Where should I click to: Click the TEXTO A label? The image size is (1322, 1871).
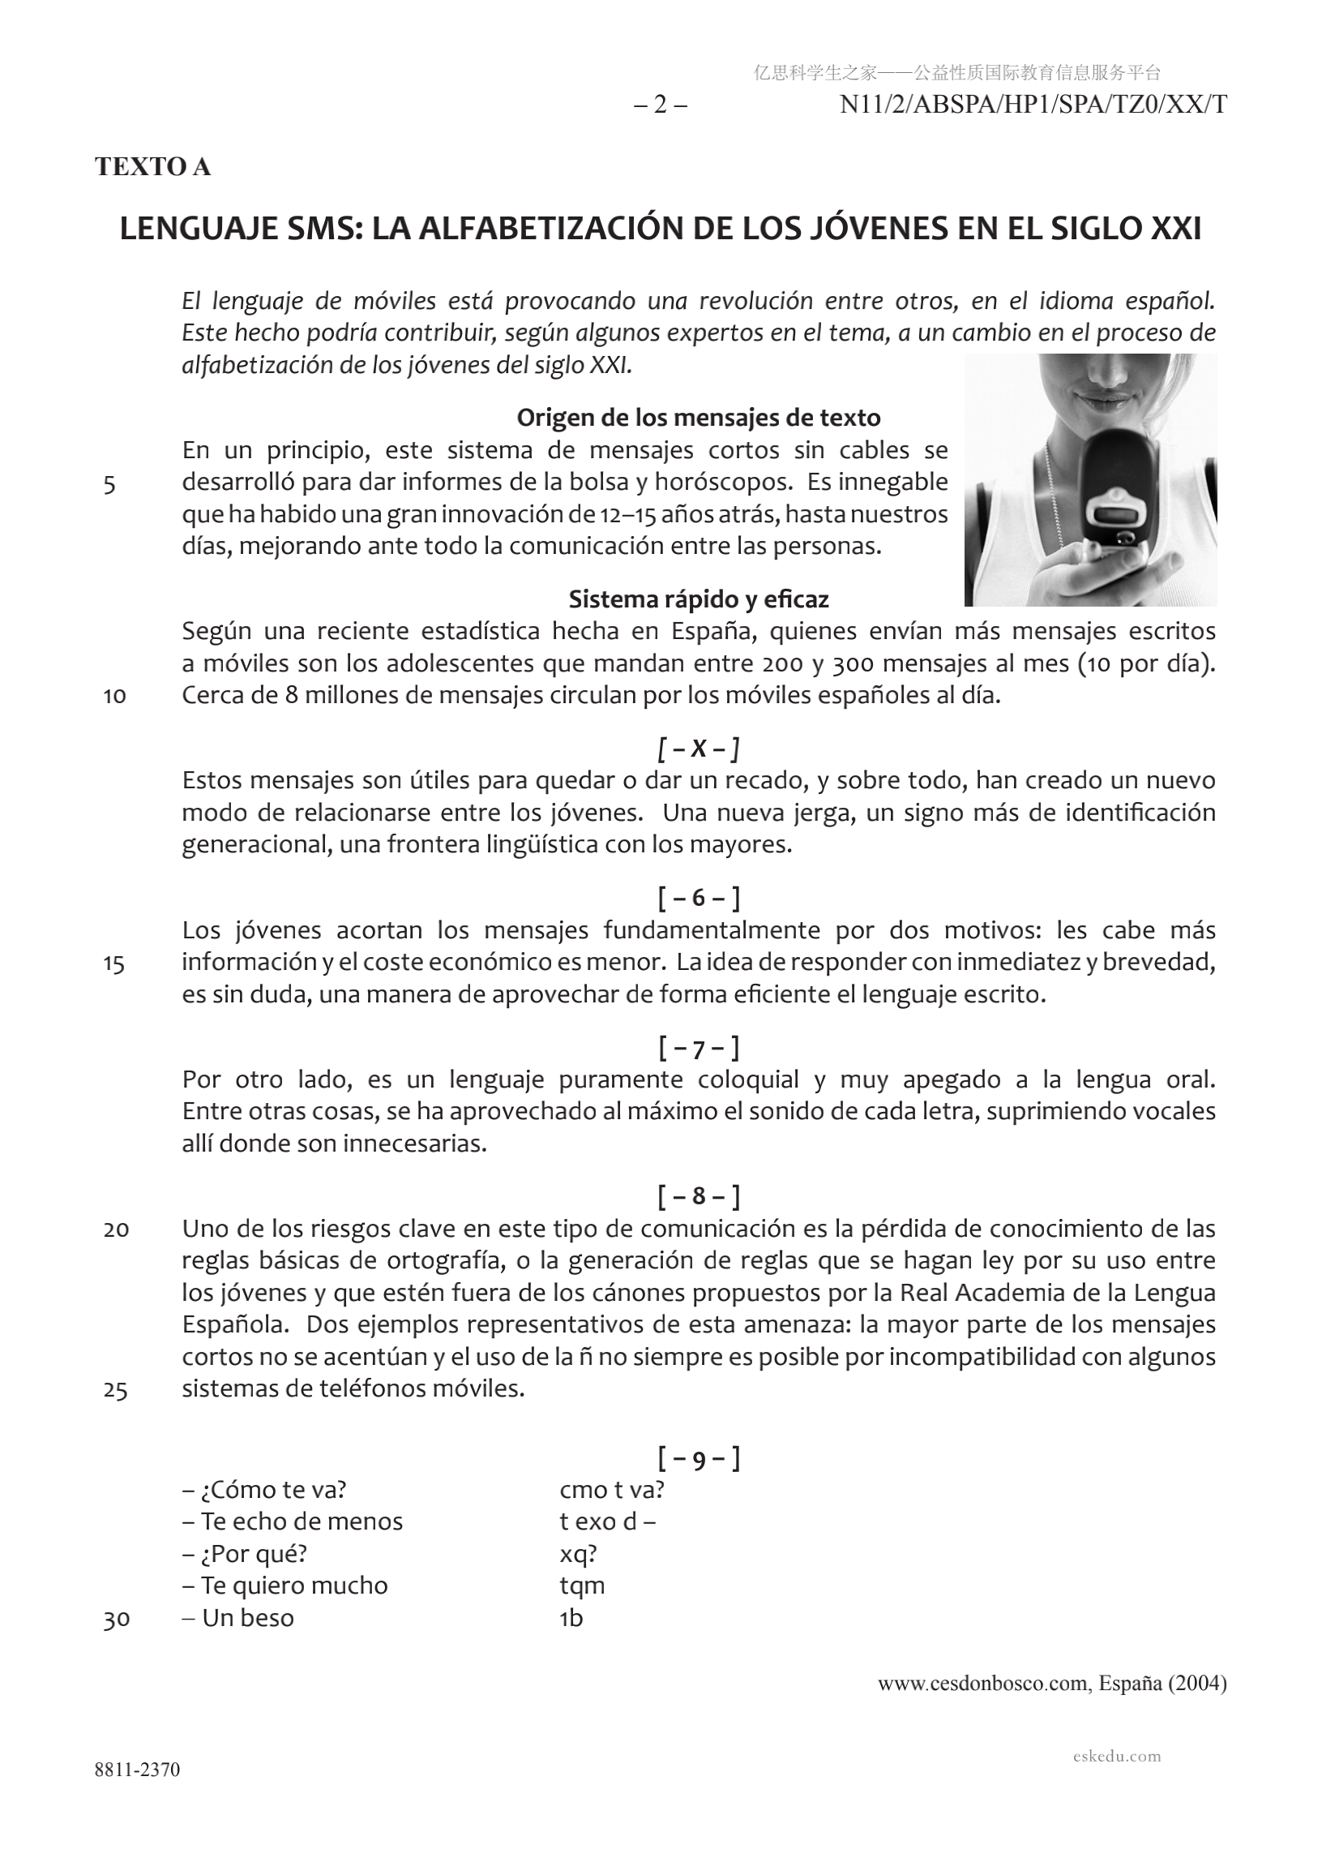tap(153, 166)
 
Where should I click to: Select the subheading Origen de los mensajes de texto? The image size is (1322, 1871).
tap(698, 418)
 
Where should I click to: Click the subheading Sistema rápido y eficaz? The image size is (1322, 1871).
tap(698, 600)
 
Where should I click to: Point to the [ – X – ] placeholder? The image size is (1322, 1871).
tap(698, 748)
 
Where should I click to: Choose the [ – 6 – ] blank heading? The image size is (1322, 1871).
tap(698, 898)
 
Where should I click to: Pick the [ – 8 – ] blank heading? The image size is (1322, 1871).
tap(698, 1197)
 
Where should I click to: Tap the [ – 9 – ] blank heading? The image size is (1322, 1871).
tap(698, 1460)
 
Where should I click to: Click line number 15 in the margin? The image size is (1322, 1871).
tap(114, 966)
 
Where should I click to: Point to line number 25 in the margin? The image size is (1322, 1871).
tap(115, 1391)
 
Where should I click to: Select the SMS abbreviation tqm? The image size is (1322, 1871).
tap(582, 1586)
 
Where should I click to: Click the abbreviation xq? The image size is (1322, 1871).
tap(577, 1554)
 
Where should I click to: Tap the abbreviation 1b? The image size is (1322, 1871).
tap(571, 1619)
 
